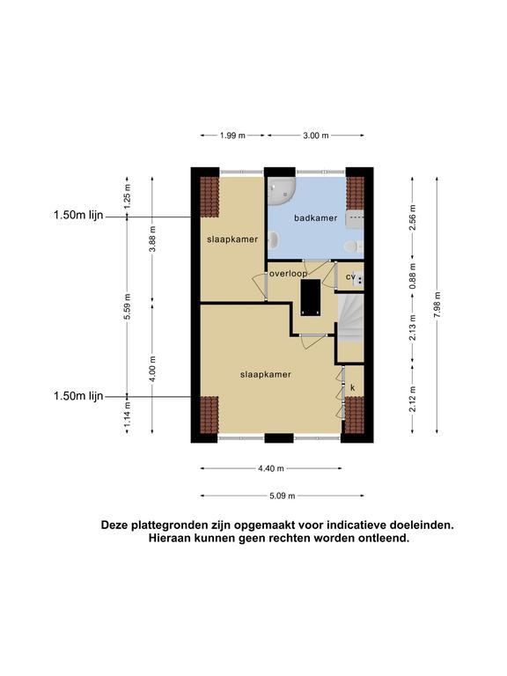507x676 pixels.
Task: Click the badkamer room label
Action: click(x=316, y=218)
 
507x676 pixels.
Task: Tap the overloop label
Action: click(x=289, y=274)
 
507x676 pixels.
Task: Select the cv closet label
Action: click(x=350, y=276)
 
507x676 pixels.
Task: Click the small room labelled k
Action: click(x=353, y=387)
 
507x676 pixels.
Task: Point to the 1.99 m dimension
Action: click(x=232, y=136)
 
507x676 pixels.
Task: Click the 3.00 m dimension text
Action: click(x=316, y=136)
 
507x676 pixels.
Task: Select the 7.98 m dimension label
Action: click(x=437, y=305)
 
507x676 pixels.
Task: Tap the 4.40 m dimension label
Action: click(x=271, y=468)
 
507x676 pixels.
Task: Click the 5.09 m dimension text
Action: click(x=283, y=496)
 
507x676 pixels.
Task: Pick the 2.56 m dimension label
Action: click(x=413, y=217)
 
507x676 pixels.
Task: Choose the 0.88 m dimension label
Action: click(x=413, y=276)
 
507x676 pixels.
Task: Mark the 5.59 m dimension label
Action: click(x=127, y=306)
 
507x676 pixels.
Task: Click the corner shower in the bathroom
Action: click(x=281, y=192)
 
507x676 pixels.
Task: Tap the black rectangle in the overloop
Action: click(x=311, y=298)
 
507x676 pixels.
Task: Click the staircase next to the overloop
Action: click(x=350, y=318)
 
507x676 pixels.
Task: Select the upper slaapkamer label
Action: click(x=232, y=239)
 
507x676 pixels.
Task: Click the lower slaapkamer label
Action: click(x=266, y=375)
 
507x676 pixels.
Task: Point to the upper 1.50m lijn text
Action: click(x=78, y=215)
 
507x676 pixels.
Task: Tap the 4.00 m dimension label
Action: click(x=152, y=369)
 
